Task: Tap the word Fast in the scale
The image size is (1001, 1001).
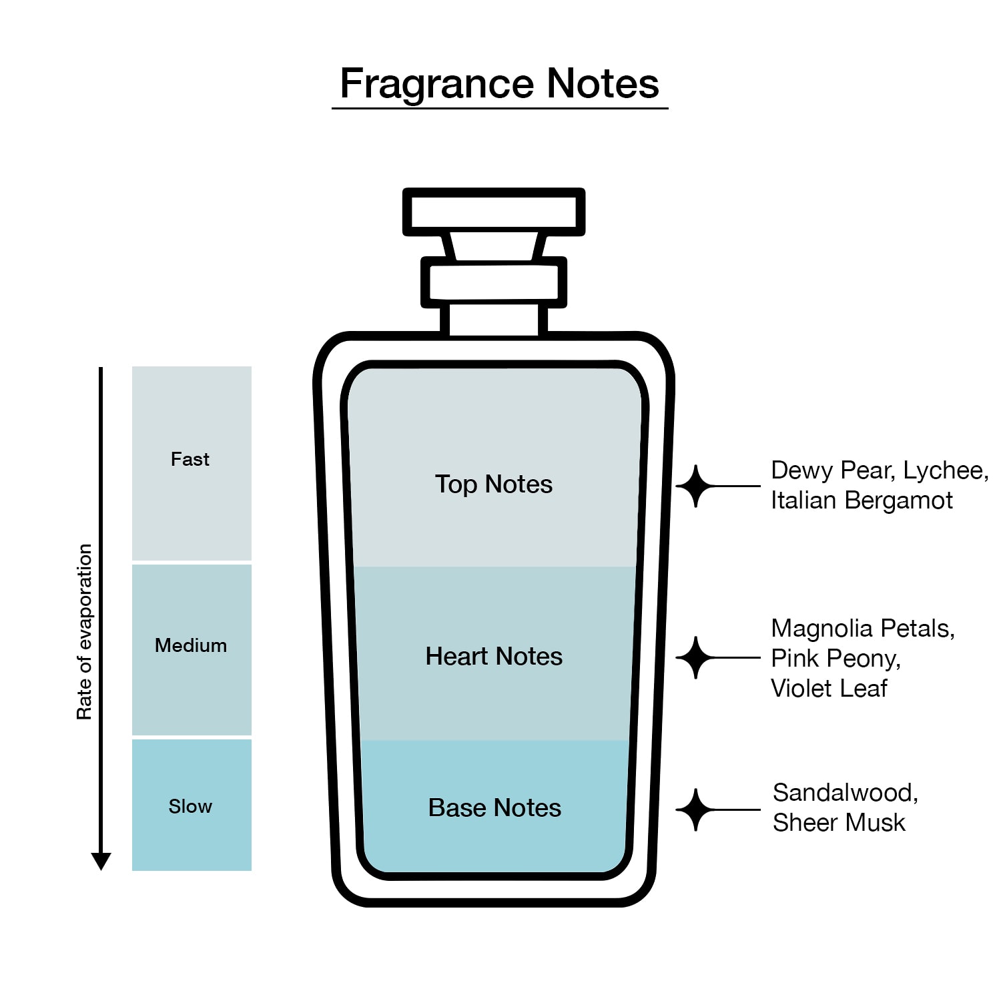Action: [190, 459]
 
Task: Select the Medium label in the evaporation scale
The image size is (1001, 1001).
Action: [191, 645]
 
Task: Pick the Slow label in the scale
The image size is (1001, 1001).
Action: [190, 806]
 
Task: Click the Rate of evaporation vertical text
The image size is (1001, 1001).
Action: [84, 632]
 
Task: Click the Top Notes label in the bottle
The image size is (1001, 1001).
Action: [494, 484]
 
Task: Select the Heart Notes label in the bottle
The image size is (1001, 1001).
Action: [494, 656]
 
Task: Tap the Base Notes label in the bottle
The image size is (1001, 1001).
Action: [494, 807]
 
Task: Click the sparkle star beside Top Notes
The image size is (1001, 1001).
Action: [696, 486]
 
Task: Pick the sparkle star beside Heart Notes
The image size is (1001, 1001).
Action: [696, 657]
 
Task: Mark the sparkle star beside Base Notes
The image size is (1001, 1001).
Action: [696, 809]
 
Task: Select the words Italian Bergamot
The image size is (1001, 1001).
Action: [862, 500]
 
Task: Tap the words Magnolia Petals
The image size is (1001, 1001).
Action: [863, 629]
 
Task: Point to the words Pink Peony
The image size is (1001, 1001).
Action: [836, 659]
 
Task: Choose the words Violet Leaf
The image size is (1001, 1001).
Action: [829, 688]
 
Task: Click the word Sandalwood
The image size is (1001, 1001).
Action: [846, 793]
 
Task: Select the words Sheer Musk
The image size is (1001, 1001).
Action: [839, 822]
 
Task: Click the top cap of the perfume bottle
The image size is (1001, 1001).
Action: [494, 212]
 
